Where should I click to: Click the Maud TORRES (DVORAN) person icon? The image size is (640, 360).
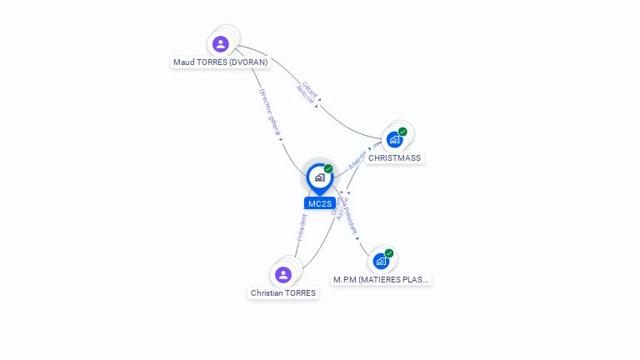[x=220, y=44]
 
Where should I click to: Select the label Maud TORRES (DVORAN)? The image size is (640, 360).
[x=221, y=62]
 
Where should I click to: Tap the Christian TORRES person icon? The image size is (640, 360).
[x=283, y=274]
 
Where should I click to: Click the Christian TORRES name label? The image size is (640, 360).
[x=283, y=293]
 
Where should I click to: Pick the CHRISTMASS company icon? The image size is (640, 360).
[x=394, y=139]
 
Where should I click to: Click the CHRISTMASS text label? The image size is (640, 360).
[x=395, y=158]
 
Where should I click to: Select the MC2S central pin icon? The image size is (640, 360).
[x=319, y=177]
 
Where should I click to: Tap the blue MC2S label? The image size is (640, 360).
[x=319, y=203]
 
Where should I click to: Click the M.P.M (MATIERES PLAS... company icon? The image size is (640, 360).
[x=381, y=261]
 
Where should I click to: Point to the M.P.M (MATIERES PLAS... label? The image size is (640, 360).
[x=382, y=280]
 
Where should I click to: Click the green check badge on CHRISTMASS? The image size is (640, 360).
[x=402, y=132]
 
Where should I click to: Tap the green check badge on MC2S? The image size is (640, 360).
[x=328, y=169]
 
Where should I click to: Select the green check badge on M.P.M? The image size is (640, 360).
[x=389, y=253]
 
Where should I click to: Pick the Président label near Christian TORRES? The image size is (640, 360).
[x=302, y=227]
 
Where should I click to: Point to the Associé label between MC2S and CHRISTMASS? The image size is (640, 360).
[x=357, y=159]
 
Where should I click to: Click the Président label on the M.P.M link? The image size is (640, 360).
[x=352, y=215]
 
